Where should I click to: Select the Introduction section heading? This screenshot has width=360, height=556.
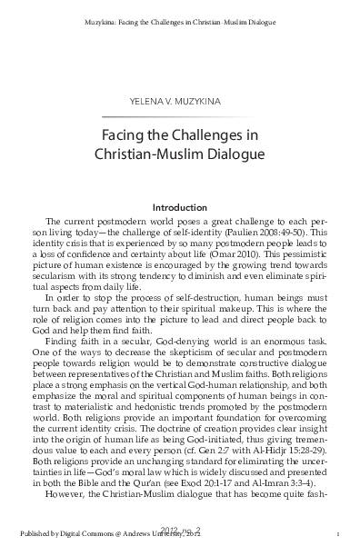[x=180, y=206]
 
